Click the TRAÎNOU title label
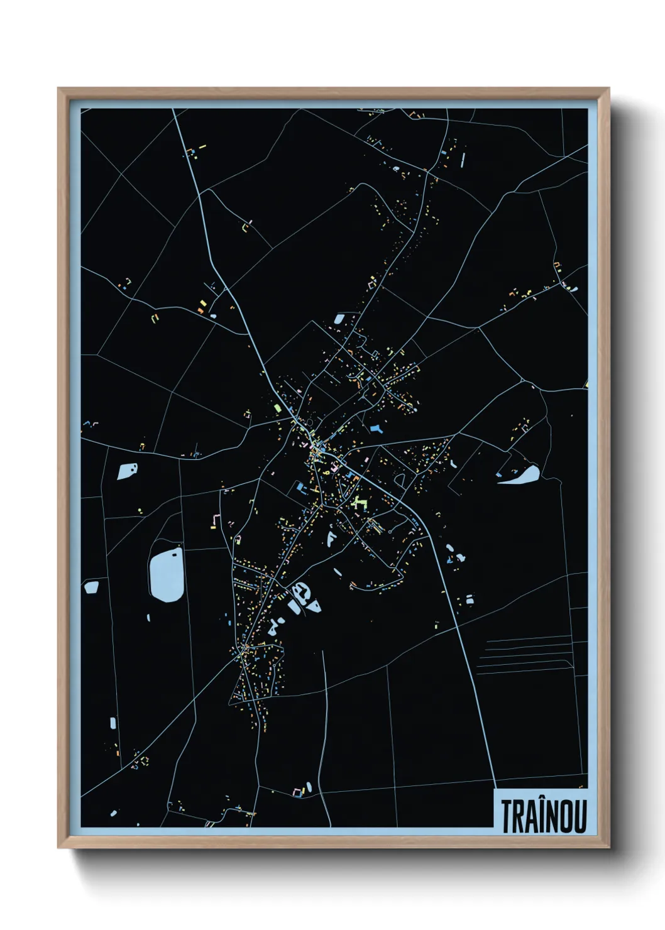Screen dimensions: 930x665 coord(544,816)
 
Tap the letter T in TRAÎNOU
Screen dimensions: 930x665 coord(506,816)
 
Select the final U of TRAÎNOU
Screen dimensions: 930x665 coord(580,816)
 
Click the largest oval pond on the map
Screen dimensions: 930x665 coord(167,574)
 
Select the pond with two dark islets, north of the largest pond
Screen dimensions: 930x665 coord(128,471)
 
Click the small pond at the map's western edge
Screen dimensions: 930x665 coord(91,587)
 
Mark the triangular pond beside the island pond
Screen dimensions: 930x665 coord(313,606)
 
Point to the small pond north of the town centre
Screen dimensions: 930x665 coord(339,319)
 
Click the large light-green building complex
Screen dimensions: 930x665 coord(358,501)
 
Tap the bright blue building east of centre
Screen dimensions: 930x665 coord(377,429)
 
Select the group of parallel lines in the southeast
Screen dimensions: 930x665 coord(528,654)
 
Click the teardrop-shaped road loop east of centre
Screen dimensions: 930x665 coord(400,479)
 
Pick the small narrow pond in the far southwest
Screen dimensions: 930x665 coord(113,723)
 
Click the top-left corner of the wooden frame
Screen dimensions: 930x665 coord(59,89)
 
